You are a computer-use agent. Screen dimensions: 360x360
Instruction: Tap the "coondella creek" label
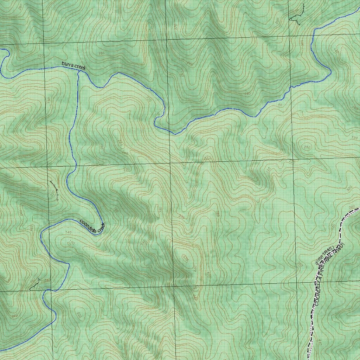click(x=92, y=226)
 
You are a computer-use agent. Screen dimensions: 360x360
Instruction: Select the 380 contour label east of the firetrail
click(x=338, y=291)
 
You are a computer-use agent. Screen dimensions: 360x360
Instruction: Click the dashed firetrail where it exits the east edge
click(x=359, y=209)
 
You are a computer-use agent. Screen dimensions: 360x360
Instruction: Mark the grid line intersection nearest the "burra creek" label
click(x=44, y=69)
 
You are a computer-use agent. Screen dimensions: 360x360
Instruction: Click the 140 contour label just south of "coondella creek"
click(x=68, y=232)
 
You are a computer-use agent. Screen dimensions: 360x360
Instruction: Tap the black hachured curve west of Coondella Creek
click(x=54, y=190)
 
